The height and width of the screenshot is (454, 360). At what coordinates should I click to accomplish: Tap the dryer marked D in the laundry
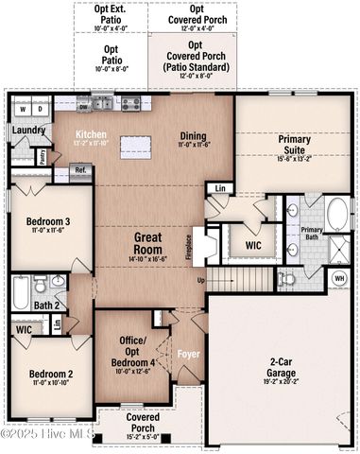coord(38,110)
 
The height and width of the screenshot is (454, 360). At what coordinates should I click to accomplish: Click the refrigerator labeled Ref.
coord(80,171)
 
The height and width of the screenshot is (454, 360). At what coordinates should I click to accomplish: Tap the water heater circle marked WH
coord(338,278)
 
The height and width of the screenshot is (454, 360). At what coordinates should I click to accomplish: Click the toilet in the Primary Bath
coord(286,279)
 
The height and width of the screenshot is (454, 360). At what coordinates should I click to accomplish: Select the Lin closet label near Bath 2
coord(57,325)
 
